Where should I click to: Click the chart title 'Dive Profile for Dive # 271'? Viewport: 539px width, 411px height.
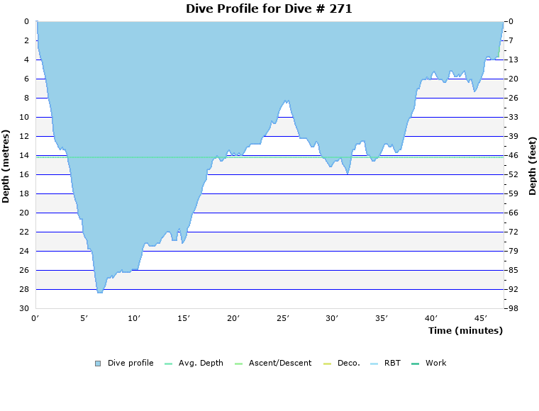[269, 9]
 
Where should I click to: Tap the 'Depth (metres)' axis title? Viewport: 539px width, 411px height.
[6, 166]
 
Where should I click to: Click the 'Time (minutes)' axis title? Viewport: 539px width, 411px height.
[465, 330]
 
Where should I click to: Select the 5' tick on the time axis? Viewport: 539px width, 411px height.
[84, 318]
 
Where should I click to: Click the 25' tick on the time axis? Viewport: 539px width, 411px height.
[283, 318]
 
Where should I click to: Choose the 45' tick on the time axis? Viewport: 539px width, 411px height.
[482, 318]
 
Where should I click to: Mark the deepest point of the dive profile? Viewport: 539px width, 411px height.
[100, 292]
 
